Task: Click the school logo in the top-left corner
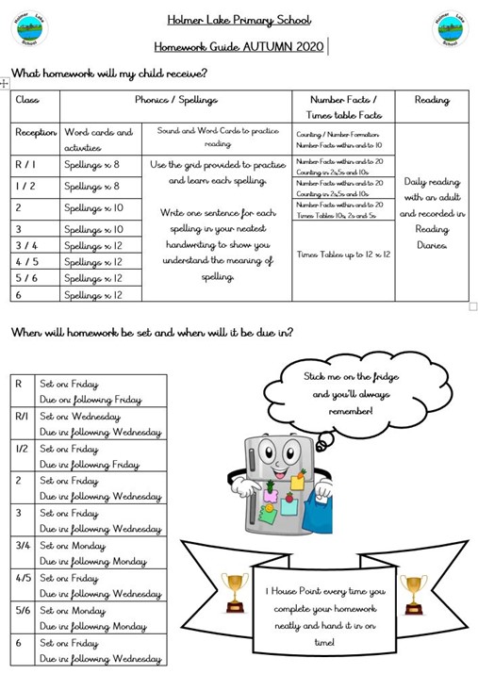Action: pos(29,29)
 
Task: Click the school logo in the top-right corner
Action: pos(450,29)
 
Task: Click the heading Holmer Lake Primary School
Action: pos(239,20)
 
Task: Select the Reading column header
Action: pos(432,101)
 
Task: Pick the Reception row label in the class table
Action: pos(37,133)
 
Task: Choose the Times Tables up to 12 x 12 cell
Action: pos(343,255)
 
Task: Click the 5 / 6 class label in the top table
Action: pos(25,278)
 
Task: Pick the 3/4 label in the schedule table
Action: pos(23,545)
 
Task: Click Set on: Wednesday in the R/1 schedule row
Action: pos(80,417)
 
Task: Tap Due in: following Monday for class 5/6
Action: pos(92,626)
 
